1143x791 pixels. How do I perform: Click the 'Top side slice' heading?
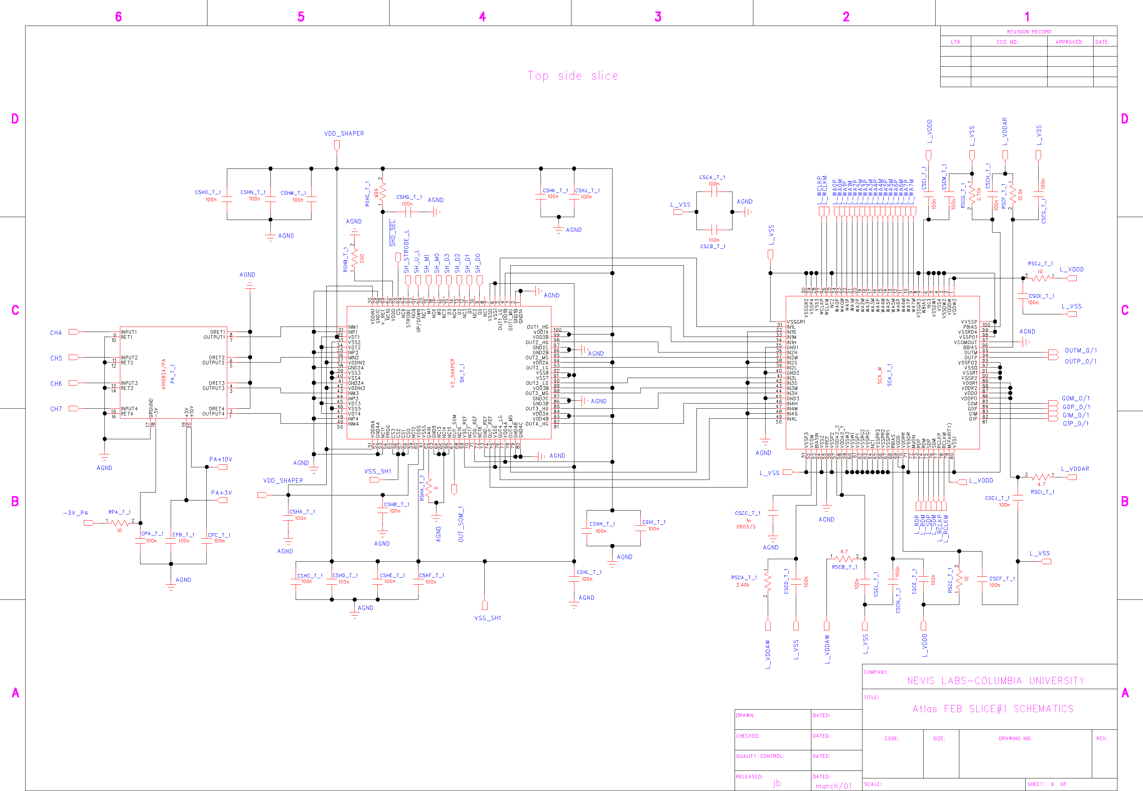point(573,76)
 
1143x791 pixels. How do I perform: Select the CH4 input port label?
point(55,333)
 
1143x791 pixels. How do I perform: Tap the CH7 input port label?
point(55,409)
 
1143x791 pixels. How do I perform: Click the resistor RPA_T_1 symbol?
point(120,522)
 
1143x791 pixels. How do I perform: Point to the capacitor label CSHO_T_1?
point(208,192)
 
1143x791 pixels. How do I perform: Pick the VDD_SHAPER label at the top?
point(344,134)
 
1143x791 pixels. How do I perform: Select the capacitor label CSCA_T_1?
point(712,177)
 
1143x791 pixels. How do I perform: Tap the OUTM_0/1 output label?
point(1081,350)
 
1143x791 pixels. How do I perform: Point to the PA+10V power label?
point(221,459)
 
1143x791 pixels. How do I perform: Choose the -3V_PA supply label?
point(75,513)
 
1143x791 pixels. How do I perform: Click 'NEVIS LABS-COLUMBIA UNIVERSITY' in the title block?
point(995,681)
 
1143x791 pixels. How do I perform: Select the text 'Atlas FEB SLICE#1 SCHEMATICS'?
point(993,709)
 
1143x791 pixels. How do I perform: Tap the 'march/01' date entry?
point(833,786)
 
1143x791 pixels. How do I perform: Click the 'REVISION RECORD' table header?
point(1028,32)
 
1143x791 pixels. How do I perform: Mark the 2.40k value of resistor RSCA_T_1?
point(743,585)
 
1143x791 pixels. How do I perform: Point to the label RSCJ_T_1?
point(1040,264)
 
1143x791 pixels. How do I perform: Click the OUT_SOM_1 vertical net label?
point(461,524)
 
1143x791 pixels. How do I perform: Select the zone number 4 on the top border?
point(482,17)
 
